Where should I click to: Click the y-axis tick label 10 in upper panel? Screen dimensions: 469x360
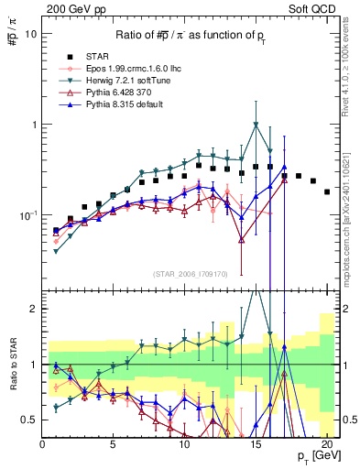point(31,34)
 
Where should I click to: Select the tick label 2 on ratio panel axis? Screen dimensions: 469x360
point(34,309)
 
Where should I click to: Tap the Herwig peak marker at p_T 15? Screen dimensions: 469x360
point(256,125)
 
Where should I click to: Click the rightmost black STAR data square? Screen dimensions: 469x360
point(327,191)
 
